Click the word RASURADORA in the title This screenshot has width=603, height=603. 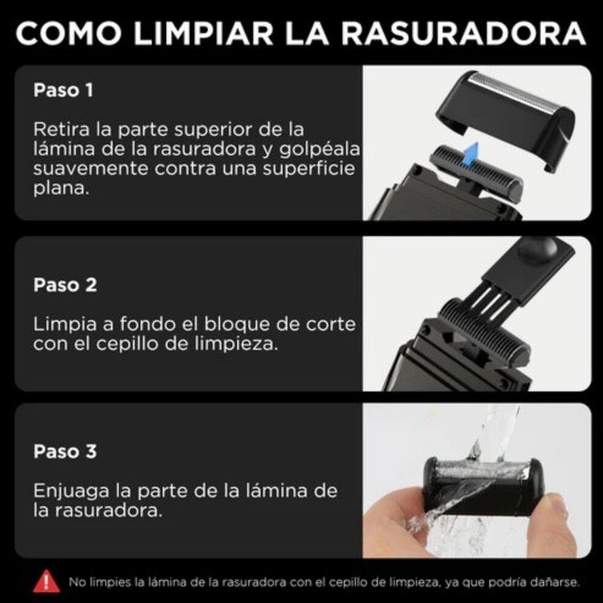pos(464,34)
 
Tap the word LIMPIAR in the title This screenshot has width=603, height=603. pos(204,34)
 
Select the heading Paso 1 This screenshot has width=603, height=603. pos(63,91)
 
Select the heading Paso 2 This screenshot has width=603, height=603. pos(65,285)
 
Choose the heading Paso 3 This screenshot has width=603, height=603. pos(65,451)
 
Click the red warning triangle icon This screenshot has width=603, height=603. pos(46,581)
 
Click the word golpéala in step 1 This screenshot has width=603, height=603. pos(320,150)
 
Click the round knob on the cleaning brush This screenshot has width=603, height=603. pos(538,251)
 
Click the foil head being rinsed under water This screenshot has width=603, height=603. pos(483,486)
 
